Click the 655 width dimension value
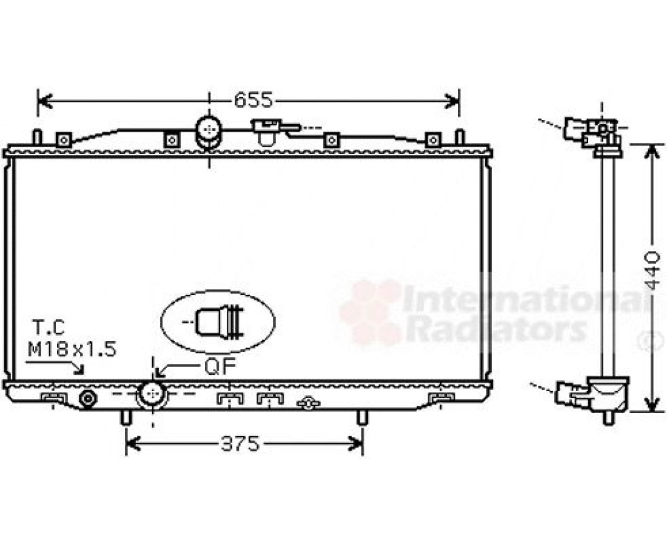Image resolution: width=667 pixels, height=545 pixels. (x=253, y=101)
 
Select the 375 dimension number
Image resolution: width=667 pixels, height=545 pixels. (x=240, y=444)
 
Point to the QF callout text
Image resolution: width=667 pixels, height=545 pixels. (x=220, y=367)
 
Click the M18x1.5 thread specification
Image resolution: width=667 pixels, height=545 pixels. (x=72, y=350)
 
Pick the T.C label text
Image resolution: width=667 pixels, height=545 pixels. (x=49, y=328)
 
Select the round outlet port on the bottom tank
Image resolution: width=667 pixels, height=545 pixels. (x=152, y=394)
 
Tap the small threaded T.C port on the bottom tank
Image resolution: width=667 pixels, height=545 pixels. (x=88, y=398)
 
